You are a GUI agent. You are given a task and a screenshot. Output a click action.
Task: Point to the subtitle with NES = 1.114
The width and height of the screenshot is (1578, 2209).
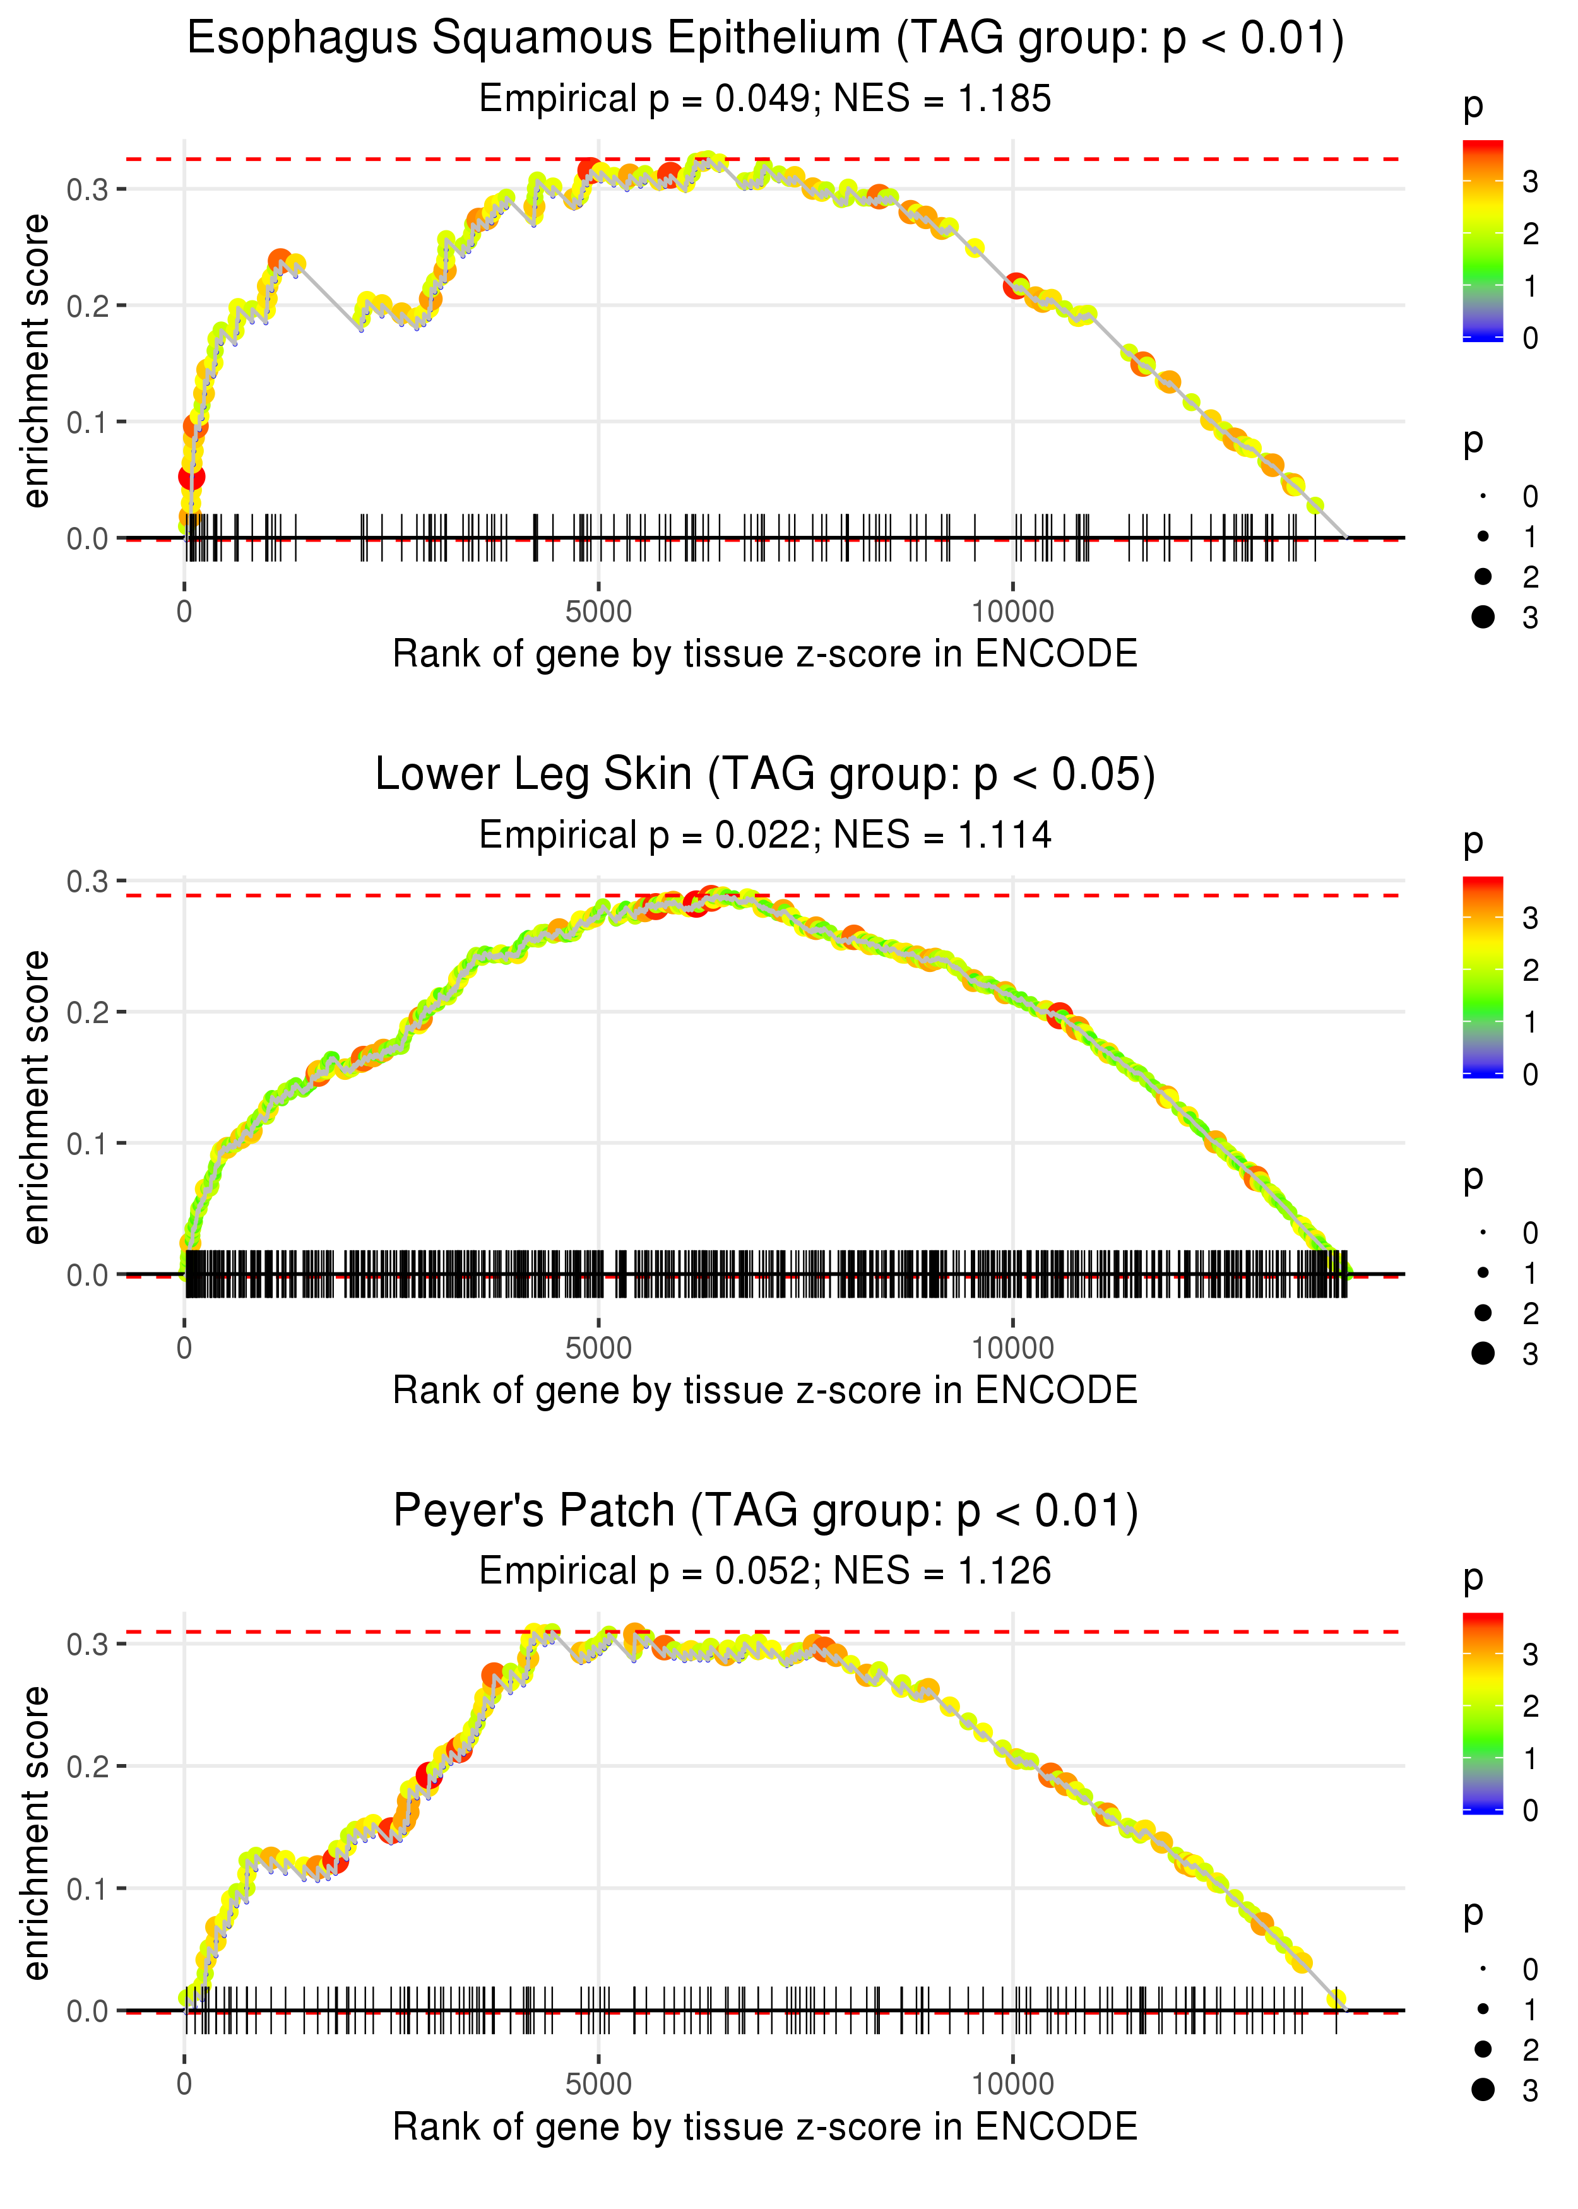coord(766,834)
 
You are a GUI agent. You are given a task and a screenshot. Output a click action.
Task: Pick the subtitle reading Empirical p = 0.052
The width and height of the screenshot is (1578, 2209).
coord(766,1571)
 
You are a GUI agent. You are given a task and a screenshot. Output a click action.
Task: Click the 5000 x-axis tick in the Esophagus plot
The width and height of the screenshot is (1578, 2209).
coord(598,612)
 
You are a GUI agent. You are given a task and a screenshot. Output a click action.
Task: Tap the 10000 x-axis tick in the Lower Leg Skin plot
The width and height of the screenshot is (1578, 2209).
coord(1012,1348)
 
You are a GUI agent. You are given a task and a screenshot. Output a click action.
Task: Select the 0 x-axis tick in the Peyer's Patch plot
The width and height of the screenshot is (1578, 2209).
coord(184,2085)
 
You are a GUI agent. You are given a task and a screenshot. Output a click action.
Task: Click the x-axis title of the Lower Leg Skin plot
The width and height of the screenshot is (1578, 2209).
coord(766,1390)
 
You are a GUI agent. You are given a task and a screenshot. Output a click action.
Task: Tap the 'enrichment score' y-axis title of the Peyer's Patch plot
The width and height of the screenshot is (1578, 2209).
coord(36,1832)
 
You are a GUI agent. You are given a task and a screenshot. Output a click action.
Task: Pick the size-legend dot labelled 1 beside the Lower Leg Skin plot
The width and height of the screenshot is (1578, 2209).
coord(1483,1272)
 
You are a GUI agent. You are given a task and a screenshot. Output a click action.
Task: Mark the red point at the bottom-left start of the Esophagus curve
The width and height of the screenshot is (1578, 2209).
coord(191,476)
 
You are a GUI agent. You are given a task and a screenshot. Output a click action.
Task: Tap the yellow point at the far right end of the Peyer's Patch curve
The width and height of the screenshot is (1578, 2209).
coord(1337,1999)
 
